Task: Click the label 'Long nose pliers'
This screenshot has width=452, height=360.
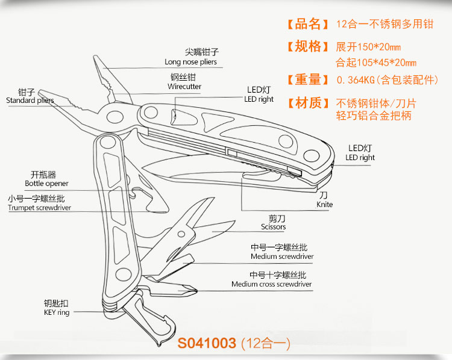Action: (x=190, y=62)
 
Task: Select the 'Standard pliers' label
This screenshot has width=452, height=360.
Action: (x=30, y=101)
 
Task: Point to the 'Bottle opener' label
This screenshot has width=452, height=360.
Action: (x=46, y=184)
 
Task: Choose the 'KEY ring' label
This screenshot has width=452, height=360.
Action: (x=57, y=312)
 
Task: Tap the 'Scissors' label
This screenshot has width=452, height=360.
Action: (x=273, y=227)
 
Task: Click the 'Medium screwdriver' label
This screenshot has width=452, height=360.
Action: (x=282, y=257)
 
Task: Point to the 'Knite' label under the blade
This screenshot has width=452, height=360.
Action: (x=324, y=205)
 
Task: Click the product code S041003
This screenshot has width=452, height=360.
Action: (x=206, y=344)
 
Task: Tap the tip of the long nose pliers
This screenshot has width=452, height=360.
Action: (x=96, y=58)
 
